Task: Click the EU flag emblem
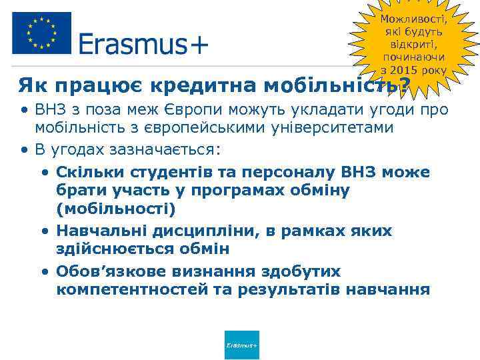[x=41, y=33]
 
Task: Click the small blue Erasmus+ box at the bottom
[x=242, y=345]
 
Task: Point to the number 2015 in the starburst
[x=406, y=71]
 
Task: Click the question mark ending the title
[x=402, y=85]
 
